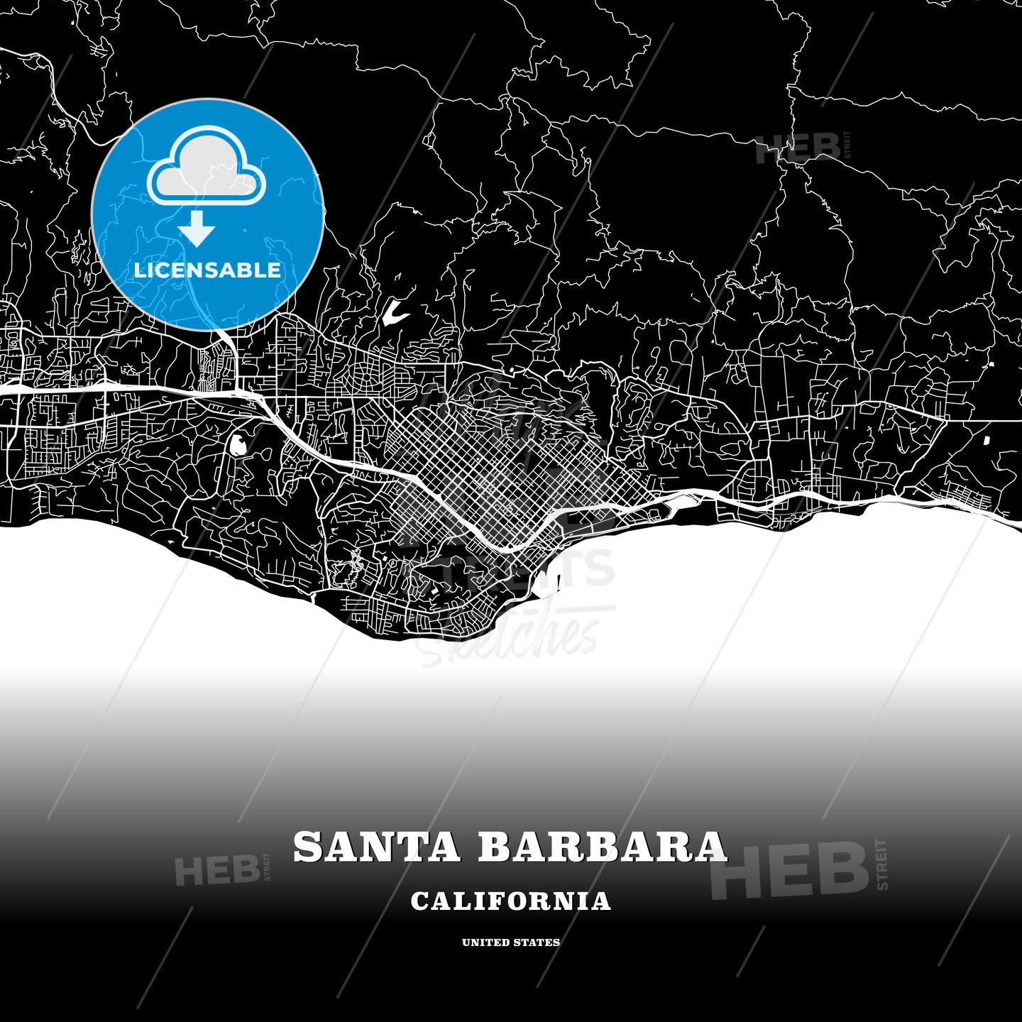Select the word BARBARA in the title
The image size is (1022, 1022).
[x=603, y=847]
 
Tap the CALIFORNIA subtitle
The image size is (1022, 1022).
[x=511, y=901]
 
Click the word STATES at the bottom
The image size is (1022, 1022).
[x=538, y=943]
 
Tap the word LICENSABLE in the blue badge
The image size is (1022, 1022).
[x=207, y=270]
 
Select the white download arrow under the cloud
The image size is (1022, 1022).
[x=197, y=229]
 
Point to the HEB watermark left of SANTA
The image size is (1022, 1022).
[x=217, y=870]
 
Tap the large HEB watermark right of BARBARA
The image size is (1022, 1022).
[x=791, y=870]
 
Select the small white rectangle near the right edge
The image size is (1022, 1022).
[x=987, y=440]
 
